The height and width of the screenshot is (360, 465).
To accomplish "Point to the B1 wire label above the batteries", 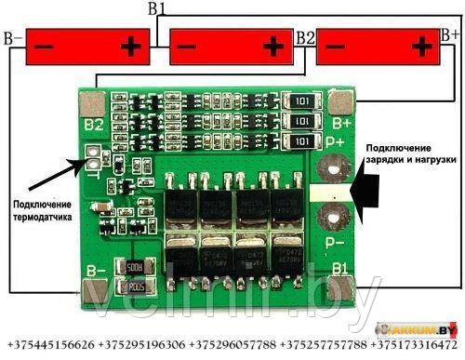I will coord(157,8).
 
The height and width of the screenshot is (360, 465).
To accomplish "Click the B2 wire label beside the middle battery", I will coord(304,38).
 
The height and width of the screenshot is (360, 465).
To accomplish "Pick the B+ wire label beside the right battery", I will coord(449,34).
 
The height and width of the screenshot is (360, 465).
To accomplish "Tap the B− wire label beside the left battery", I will coord(13,39).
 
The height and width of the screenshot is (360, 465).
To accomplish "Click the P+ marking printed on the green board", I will coord(341,142).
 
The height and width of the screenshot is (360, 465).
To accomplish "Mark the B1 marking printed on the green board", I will coord(340,270).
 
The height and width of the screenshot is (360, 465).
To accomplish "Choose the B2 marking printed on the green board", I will coord(93,124).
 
